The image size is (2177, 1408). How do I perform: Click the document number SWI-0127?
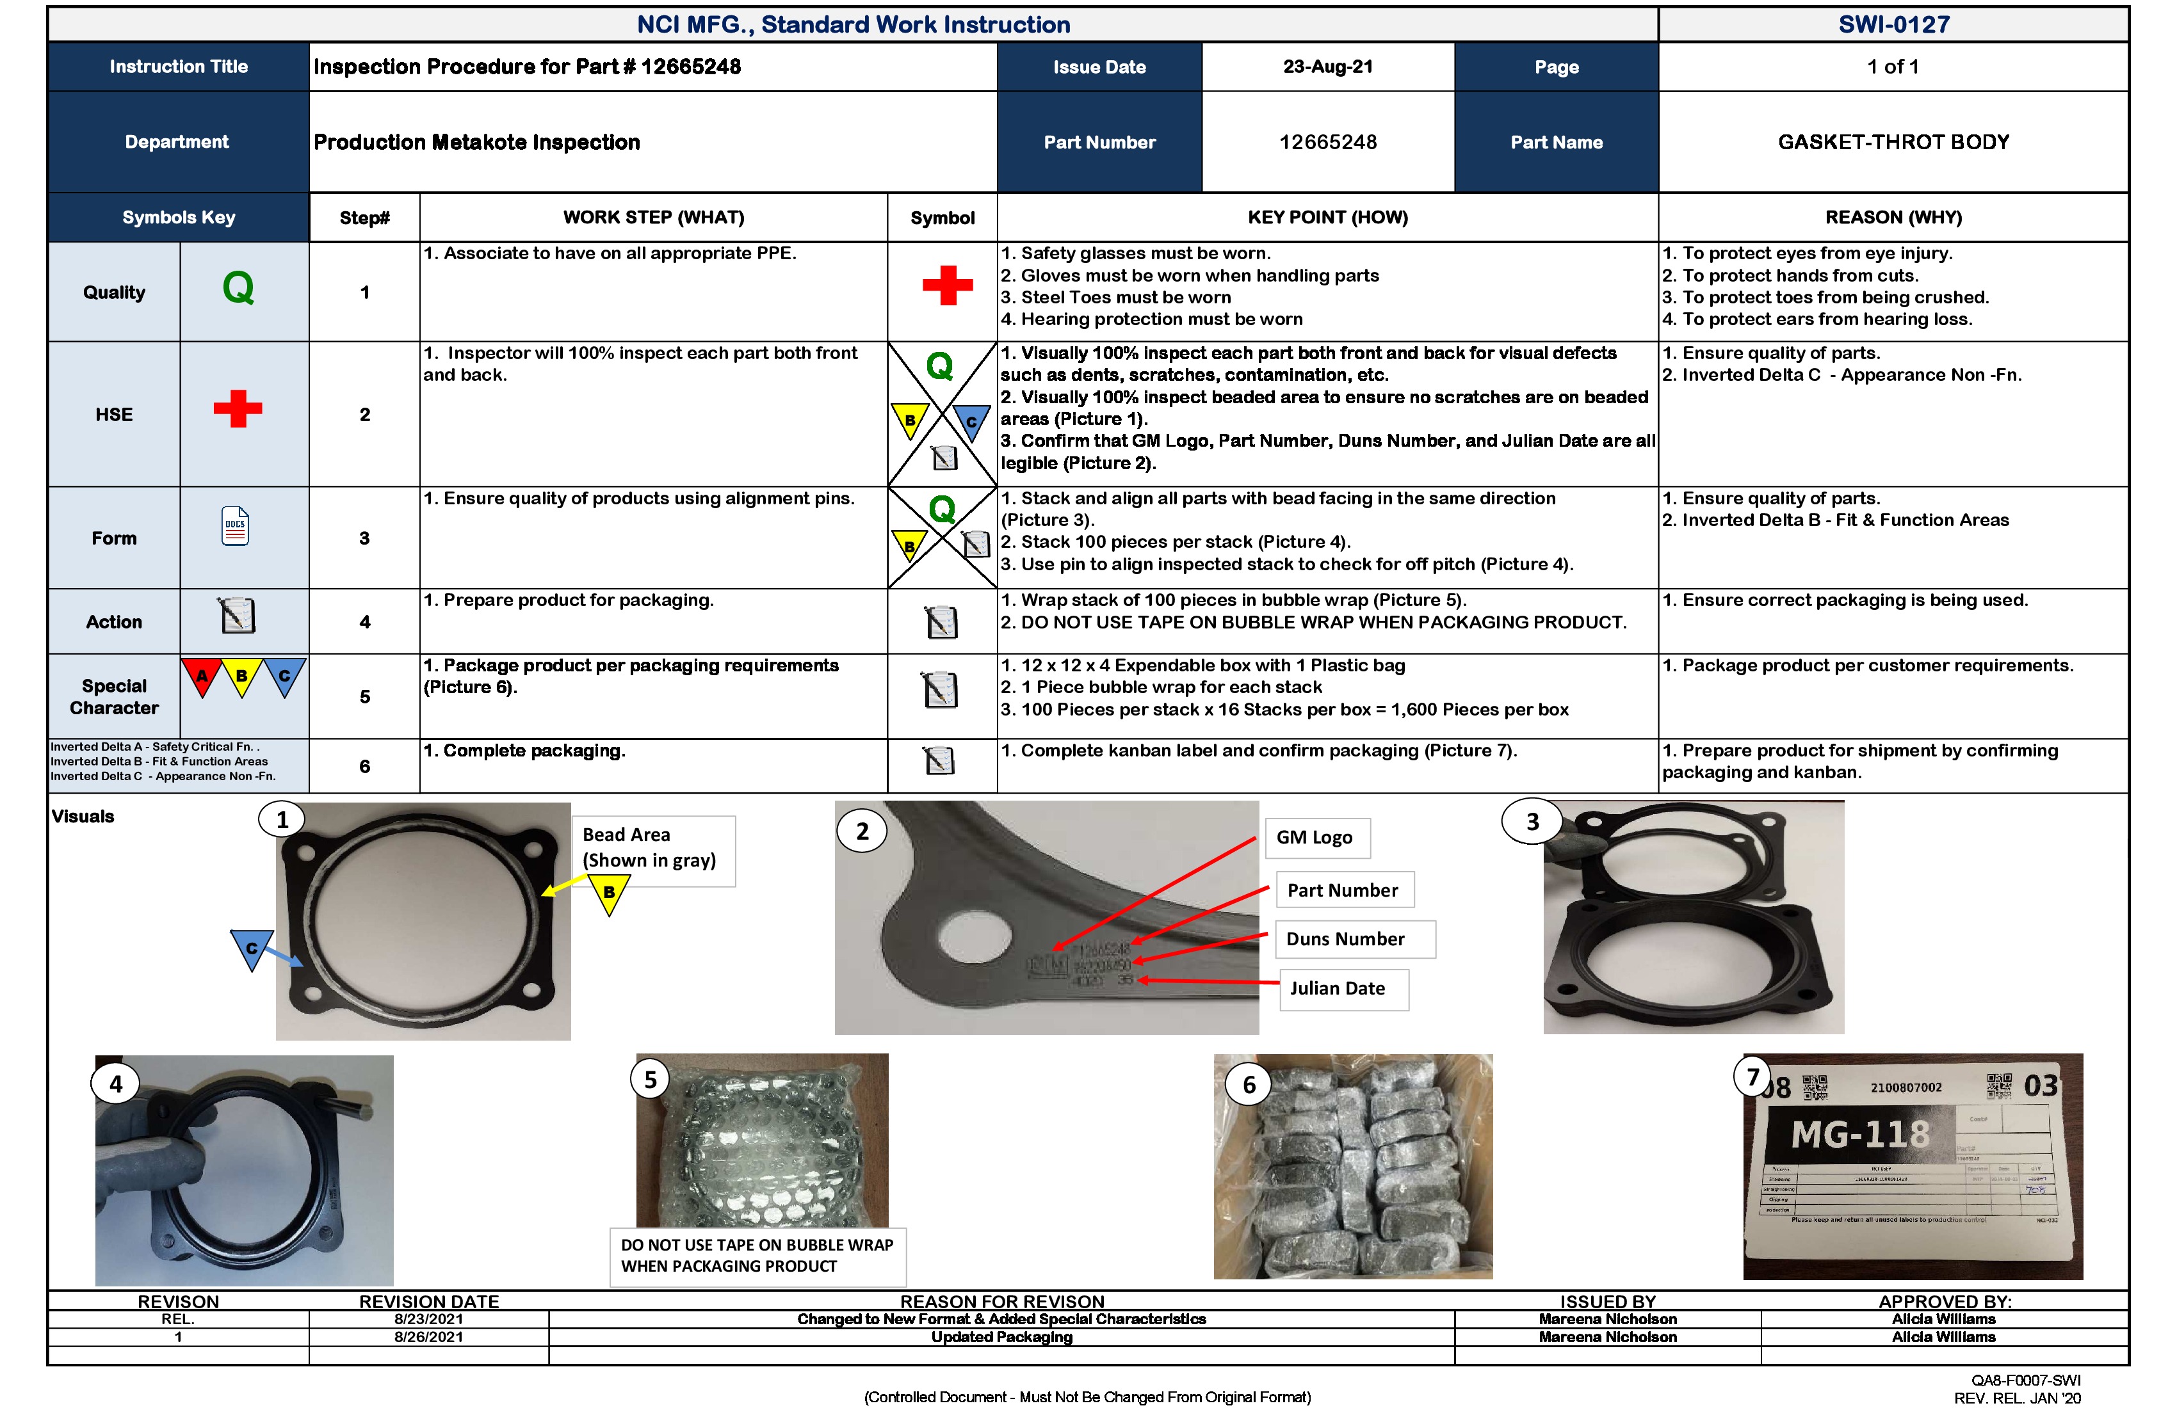point(1893,25)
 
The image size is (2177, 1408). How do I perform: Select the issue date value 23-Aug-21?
point(1327,67)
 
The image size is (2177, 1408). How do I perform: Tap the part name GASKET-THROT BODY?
point(1893,141)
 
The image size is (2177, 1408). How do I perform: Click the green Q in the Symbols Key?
point(238,289)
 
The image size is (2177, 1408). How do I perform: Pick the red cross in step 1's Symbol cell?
point(947,286)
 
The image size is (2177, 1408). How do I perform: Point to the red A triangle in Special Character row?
point(202,676)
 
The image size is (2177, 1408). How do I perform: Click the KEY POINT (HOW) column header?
point(1327,218)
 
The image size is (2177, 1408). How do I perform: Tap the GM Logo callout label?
point(1315,838)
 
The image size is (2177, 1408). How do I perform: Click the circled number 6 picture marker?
point(1249,1086)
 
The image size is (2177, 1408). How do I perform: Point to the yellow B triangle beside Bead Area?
point(609,893)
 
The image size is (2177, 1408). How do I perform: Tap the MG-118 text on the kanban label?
point(1859,1135)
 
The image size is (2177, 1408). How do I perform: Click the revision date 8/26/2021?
point(428,1338)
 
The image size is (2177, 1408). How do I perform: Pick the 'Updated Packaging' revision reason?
point(1001,1338)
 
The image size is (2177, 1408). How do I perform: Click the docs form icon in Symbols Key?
point(235,527)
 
